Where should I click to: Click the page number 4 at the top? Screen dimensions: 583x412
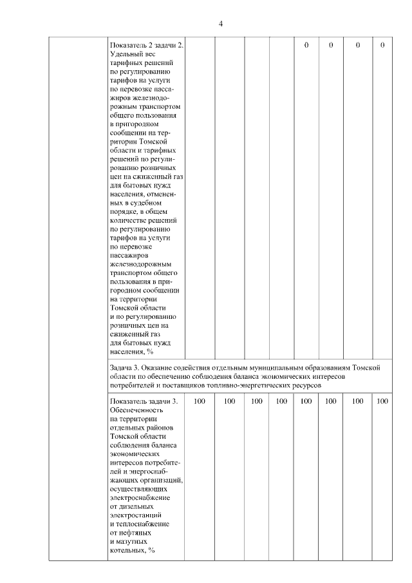221,24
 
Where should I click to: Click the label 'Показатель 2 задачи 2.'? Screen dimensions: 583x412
147,46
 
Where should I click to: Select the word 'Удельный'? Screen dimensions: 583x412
127,55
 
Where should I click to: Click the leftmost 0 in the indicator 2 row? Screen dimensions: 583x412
306,45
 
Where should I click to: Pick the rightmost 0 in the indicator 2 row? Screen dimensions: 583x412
382,45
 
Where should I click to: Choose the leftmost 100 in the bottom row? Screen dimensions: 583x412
200,401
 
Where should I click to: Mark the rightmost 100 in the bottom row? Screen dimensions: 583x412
382,401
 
